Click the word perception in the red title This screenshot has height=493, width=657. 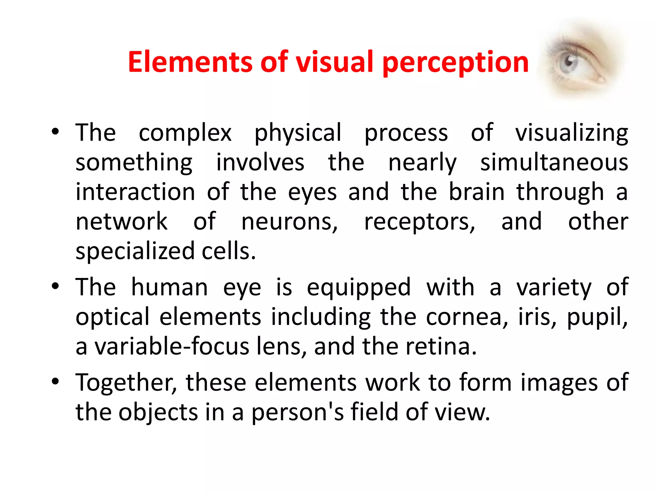coord(456,63)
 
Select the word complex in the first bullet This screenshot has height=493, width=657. coord(185,133)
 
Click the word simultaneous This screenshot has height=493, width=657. coord(554,162)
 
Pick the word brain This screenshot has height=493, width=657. coord(477,192)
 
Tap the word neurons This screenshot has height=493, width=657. coord(289,221)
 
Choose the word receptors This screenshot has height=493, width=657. coord(420,222)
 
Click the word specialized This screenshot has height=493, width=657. coord(135,251)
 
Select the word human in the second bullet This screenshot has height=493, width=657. coord(170,287)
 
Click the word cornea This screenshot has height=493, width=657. coord(467,317)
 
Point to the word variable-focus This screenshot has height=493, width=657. coord(172,347)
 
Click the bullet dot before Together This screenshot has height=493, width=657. coord(55,381)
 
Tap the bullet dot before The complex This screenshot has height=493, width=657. coord(55,132)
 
